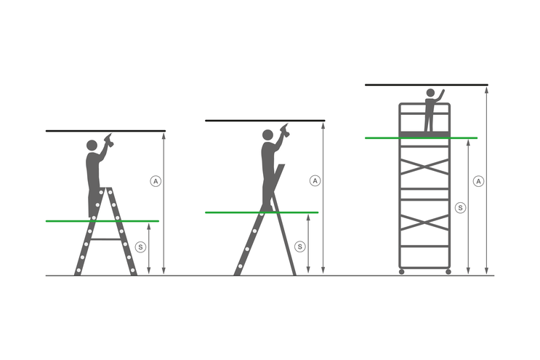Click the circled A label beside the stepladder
155,180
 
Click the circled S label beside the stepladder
140,247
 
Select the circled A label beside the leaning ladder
315,180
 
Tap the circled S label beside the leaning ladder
300,247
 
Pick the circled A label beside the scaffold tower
477,180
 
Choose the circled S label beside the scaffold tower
459,208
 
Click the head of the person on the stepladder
92,145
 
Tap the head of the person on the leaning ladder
267,135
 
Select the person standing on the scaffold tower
430,111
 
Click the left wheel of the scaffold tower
401,271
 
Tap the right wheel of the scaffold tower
448,271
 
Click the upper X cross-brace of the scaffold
425,167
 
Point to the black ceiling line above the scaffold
426,85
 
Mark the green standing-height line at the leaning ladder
233,212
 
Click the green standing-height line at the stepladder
65,221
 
